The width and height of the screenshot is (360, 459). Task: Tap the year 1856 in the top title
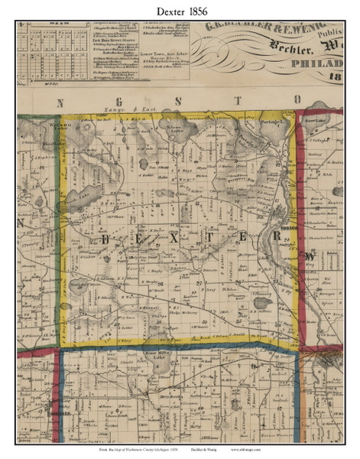pos(201,10)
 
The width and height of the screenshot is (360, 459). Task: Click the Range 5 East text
pos(158,113)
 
